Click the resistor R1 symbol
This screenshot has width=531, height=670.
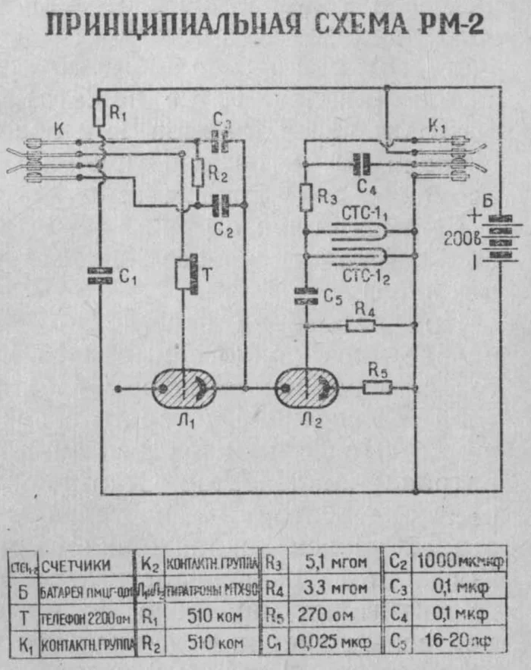[x=99, y=114]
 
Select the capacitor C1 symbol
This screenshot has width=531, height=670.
[x=100, y=277]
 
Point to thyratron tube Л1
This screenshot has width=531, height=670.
[x=183, y=389]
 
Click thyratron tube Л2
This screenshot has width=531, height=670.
[x=306, y=389]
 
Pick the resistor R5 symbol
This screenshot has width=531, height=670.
[x=377, y=388]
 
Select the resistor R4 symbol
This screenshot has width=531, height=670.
[x=360, y=326]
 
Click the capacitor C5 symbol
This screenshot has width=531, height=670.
[x=306, y=296]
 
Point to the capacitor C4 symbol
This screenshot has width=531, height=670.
[x=362, y=161]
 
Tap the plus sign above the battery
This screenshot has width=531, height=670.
[x=475, y=215]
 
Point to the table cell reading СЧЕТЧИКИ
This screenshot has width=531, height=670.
[x=76, y=565]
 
